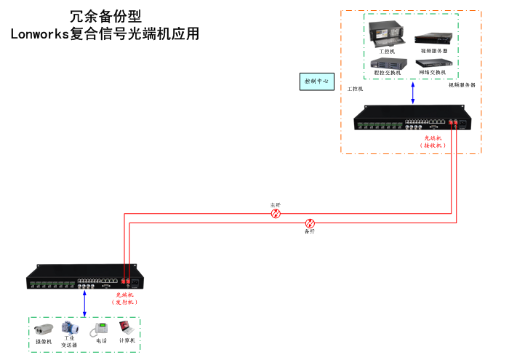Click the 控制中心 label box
(316, 81)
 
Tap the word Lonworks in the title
(39, 33)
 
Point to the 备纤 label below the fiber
(309, 231)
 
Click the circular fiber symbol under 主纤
(276, 214)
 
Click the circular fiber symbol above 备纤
(310, 223)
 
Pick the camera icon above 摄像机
(44, 329)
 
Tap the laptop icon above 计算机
(127, 329)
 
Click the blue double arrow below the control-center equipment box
(413, 92)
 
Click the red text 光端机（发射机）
(126, 298)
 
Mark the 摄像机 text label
(44, 342)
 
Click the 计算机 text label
(127, 340)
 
